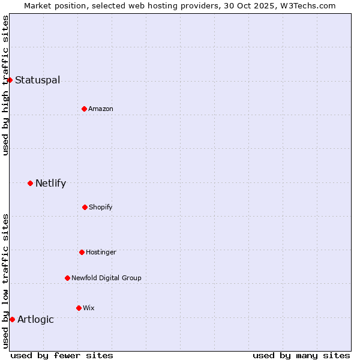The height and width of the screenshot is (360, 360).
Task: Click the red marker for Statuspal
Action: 10,80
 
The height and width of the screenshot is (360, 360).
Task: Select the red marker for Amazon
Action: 84,109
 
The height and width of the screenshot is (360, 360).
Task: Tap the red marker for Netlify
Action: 30,183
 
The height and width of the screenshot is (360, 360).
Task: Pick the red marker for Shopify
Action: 85,207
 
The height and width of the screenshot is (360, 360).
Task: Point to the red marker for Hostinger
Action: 82,252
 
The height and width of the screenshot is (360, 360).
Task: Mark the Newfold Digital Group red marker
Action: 67,278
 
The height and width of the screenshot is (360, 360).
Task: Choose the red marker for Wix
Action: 79,308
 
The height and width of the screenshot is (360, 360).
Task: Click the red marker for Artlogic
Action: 12,319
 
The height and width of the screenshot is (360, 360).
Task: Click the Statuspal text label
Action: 37,80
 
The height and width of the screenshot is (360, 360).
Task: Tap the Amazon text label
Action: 101,109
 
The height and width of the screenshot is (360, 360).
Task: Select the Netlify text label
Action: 50,184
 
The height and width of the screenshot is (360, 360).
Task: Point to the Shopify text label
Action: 101,208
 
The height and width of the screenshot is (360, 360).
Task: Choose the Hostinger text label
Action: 101,253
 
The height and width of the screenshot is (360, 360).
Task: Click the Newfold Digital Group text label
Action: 106,278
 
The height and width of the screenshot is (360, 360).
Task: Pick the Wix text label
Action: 89,308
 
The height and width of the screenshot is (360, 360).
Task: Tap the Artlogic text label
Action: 35,320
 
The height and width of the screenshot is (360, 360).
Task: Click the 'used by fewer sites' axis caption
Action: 62,355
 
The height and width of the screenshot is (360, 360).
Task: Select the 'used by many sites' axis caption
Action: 301,355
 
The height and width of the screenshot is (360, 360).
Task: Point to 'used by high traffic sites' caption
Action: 5,85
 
